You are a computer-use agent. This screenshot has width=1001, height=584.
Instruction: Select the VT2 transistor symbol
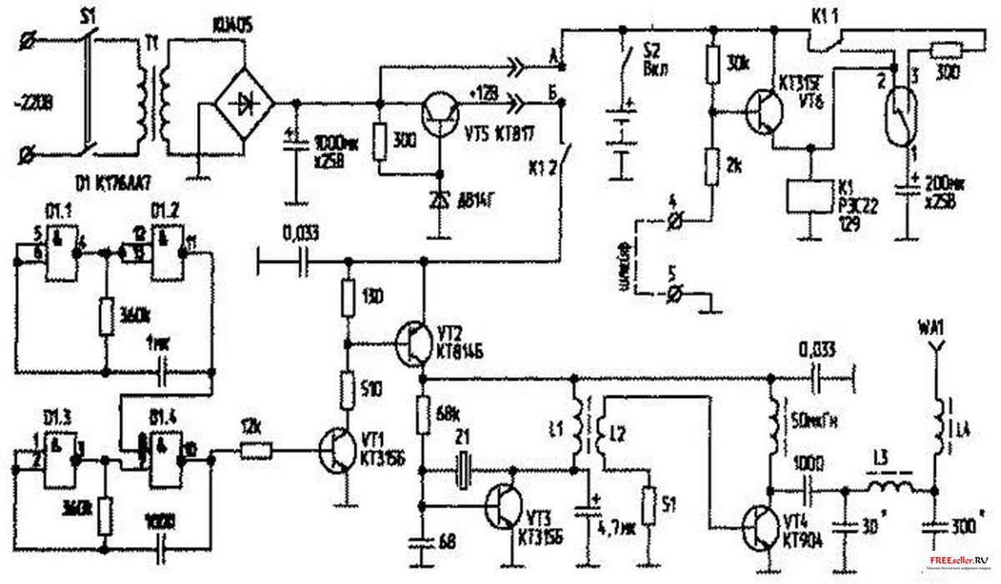click(415, 342)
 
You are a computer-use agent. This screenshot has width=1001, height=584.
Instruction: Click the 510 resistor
click(345, 388)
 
